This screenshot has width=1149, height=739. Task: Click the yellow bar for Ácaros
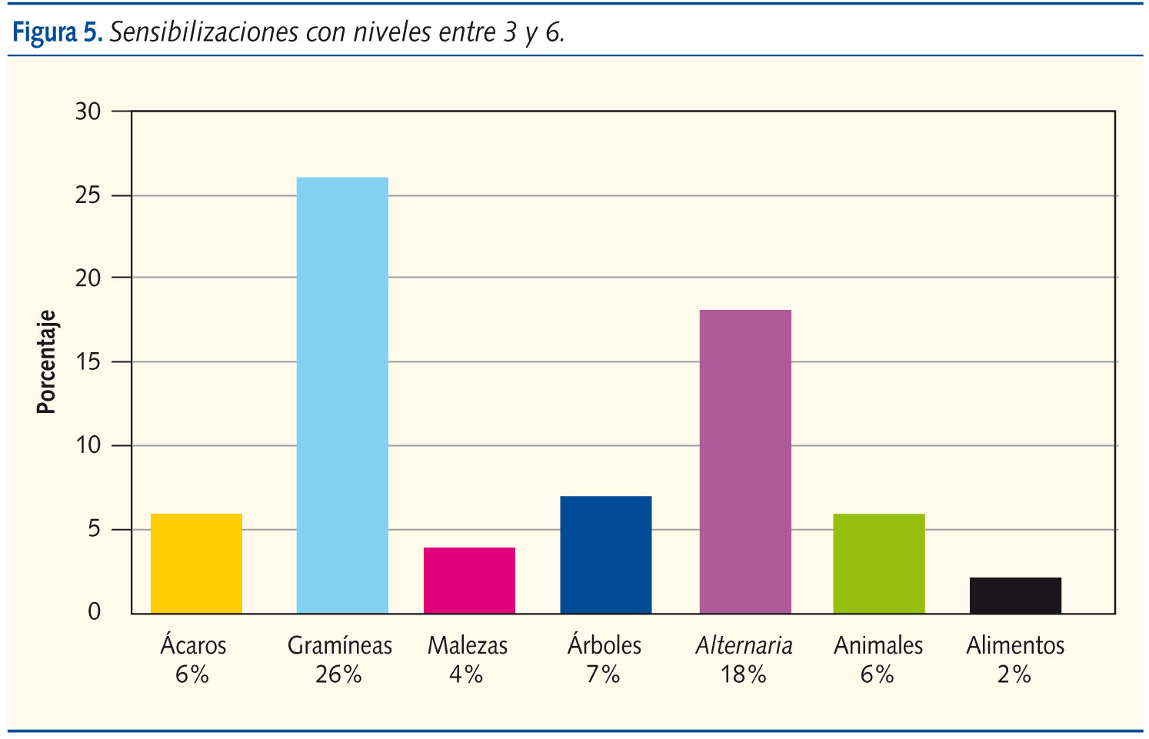(x=196, y=563)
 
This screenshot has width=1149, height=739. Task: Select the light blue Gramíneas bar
(x=342, y=395)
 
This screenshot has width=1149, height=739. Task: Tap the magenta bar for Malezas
(x=469, y=580)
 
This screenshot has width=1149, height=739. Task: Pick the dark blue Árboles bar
(x=605, y=554)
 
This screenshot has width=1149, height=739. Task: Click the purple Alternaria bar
(x=744, y=461)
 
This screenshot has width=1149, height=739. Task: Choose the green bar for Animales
(x=878, y=563)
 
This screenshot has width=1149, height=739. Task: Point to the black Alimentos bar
(x=1015, y=595)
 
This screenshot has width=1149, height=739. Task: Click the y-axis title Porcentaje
(x=47, y=362)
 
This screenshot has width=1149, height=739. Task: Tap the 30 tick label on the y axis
(x=88, y=112)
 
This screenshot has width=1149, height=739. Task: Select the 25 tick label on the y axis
(x=88, y=195)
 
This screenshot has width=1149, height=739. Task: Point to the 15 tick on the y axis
(x=88, y=361)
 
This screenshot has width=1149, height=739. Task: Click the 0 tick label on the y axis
(x=95, y=612)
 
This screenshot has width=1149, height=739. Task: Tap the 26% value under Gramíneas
(x=338, y=674)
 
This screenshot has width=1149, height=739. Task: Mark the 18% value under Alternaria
(x=743, y=674)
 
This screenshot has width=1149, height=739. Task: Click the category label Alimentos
(x=1015, y=645)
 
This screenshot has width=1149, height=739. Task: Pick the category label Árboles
(x=604, y=644)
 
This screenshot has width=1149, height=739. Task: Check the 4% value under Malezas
(x=466, y=674)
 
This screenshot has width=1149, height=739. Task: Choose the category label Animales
(x=878, y=645)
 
